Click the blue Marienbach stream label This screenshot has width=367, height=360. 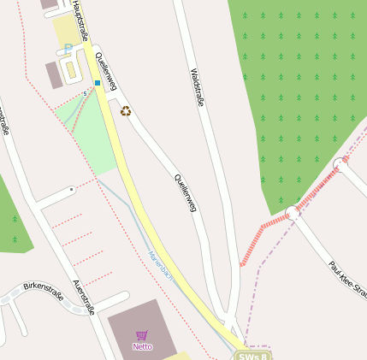click(160, 266)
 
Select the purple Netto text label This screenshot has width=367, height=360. click(142, 346)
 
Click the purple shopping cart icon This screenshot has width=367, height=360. click(142, 335)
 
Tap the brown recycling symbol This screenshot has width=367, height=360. click(127, 110)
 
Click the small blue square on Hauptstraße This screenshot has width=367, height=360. click(98, 83)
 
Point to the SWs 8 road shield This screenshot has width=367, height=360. click(255, 356)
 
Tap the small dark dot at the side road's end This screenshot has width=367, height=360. click(71, 188)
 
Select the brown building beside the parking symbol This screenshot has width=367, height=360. click(54, 74)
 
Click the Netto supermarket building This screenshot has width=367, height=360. click(141, 329)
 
